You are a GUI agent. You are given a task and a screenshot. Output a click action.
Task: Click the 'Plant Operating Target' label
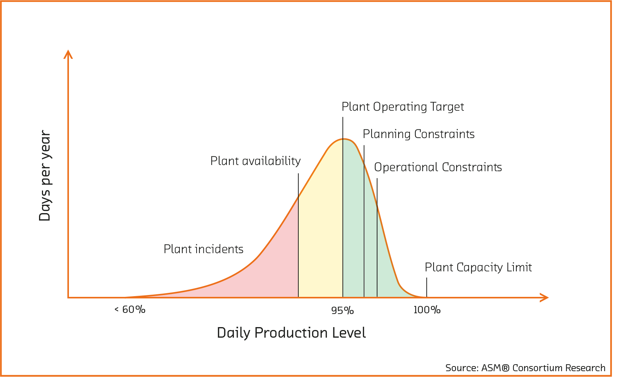[403, 107]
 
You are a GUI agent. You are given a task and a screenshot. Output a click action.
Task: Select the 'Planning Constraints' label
[418, 134]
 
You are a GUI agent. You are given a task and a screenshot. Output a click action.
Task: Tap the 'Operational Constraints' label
[438, 167]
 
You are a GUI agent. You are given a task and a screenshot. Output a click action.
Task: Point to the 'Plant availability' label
[255, 161]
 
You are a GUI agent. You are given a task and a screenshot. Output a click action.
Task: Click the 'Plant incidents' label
[203, 249]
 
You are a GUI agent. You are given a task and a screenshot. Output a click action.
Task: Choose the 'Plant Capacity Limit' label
[478, 267]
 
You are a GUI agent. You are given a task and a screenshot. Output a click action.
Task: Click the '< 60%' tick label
[130, 310]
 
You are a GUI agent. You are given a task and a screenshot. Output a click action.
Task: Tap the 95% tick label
[342, 310]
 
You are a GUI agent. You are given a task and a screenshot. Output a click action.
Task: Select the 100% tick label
[427, 310]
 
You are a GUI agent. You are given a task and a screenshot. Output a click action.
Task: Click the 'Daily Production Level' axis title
[291, 333]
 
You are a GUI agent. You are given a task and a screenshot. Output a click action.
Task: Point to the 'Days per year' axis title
[45, 176]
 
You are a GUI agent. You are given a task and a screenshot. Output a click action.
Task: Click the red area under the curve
[263, 277]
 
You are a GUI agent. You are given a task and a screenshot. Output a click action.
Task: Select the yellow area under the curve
[320, 237]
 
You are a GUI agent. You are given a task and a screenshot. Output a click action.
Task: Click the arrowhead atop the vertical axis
[68, 54]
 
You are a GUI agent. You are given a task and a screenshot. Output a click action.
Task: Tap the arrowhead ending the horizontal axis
[544, 298]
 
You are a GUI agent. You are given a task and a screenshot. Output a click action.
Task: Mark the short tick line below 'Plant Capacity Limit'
[427, 287]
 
